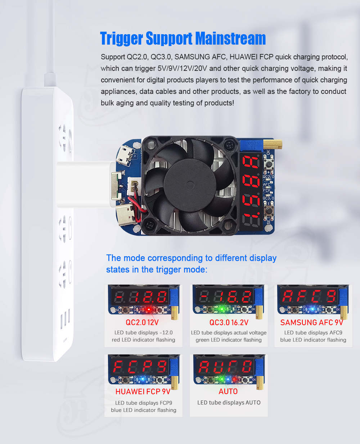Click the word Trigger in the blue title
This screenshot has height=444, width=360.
click(x=121, y=39)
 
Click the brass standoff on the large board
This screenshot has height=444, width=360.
click(x=273, y=145)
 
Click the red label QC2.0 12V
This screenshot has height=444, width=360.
click(x=142, y=322)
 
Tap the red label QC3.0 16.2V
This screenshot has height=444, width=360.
click(x=229, y=322)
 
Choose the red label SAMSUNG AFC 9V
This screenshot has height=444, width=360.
click(x=312, y=322)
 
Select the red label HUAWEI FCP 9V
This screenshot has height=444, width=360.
click(x=143, y=391)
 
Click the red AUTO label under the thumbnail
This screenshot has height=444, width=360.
click(x=228, y=391)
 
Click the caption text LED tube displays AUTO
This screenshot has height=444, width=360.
click(x=229, y=403)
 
